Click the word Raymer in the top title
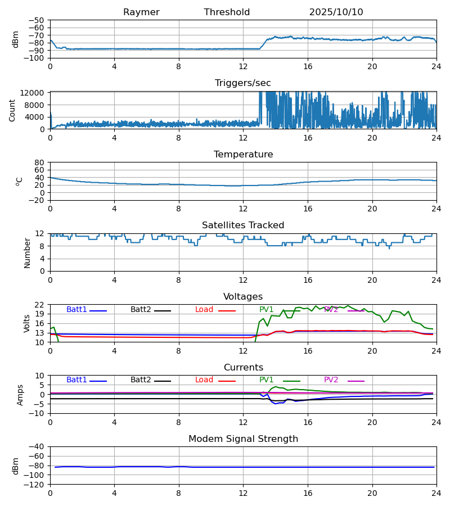click(141, 12)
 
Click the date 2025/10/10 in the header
click(336, 12)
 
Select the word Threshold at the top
click(227, 12)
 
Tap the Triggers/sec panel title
click(243, 83)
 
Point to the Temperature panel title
click(243, 155)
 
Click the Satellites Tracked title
click(243, 225)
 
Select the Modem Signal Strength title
click(243, 439)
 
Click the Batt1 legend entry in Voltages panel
click(77, 310)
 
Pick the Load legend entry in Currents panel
click(204, 380)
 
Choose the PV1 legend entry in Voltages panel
click(267, 310)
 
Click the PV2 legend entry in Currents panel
click(331, 380)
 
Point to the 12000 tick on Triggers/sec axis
click(34, 93)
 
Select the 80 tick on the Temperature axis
click(40, 162)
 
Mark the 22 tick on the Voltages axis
click(40, 305)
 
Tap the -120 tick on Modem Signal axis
click(34, 485)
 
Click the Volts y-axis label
click(27, 323)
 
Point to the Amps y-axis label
click(21, 395)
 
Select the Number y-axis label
click(27, 252)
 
